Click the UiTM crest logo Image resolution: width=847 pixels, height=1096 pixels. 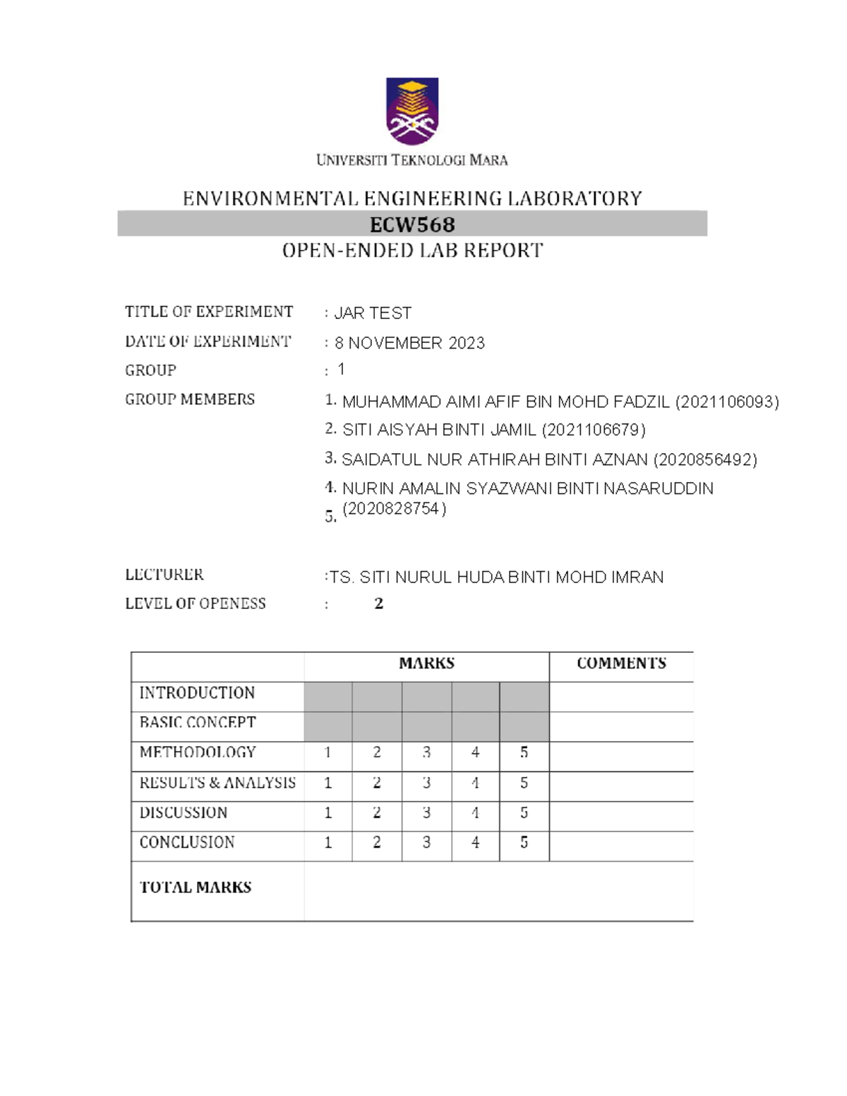coord(412,112)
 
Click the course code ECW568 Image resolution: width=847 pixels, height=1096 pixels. coord(412,224)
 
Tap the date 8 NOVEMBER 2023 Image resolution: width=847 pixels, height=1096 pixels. coord(409,343)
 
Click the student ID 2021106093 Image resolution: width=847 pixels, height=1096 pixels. coord(727,402)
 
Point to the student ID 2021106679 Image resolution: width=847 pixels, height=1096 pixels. coord(593,430)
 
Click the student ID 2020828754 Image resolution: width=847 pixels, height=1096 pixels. coord(394,509)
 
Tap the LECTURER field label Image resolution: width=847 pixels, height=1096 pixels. coord(164,574)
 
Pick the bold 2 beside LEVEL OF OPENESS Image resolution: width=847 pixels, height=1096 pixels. coord(378,603)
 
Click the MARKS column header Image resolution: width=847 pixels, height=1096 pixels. coord(426,663)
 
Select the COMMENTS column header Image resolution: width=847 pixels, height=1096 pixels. coord(621,663)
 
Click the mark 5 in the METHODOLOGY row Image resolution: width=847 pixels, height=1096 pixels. coord(524,752)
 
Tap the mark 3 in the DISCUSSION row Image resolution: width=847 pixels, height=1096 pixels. coord(426,813)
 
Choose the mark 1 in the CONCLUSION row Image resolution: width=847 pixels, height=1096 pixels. coord(328,843)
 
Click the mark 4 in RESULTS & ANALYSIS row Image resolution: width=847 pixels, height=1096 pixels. coord(475,783)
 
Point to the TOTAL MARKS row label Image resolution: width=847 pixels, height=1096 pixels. coord(196,887)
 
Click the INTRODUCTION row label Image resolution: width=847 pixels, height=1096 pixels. coord(197,693)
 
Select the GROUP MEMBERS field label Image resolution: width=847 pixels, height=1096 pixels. coord(190,399)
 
